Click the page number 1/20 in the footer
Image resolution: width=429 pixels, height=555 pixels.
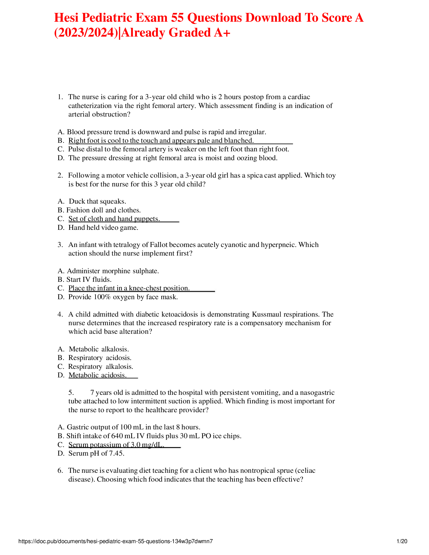402,541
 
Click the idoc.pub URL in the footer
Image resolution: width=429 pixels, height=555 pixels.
116,541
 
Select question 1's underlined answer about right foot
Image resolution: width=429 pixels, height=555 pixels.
161,141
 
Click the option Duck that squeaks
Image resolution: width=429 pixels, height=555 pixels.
97,201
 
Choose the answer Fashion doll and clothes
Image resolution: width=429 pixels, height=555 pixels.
103,210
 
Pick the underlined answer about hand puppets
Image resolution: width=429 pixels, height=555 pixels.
114,219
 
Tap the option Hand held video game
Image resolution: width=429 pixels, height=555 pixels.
103,228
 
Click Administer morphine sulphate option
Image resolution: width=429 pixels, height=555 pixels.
113,271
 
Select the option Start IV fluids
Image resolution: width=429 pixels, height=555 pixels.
89,280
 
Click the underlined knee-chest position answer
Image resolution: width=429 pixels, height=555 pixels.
129,288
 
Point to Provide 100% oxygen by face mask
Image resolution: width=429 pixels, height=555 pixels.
123,297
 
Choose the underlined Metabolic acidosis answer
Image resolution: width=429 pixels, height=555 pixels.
97,375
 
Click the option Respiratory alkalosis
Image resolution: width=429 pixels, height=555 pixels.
100,367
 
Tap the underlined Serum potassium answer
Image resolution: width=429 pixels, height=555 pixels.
116,445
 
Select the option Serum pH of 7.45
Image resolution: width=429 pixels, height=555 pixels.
96,453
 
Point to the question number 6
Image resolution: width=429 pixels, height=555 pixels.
60,471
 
